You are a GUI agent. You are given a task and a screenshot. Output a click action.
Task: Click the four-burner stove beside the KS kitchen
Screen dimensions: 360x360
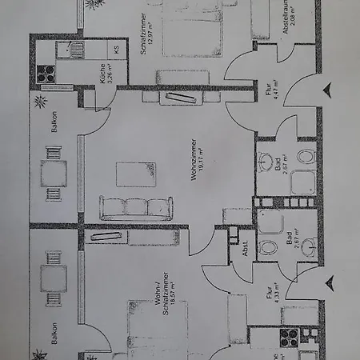click(x=46, y=72)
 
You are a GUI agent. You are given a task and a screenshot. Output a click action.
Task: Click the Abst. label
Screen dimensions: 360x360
click(x=245, y=248)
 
